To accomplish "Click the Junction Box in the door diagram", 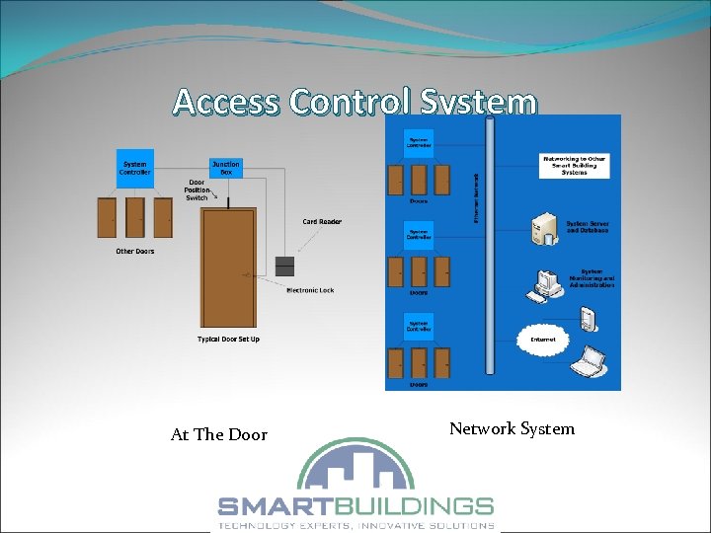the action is [x=225, y=168].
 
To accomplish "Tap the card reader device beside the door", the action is [x=285, y=266].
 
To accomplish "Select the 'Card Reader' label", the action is [x=322, y=222].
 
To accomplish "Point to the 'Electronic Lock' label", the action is [x=310, y=290].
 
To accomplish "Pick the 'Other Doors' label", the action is [x=135, y=252].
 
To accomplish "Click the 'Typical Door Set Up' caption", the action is [x=228, y=340].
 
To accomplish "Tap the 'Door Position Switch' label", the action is [x=197, y=190].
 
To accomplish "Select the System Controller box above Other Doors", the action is [x=135, y=168].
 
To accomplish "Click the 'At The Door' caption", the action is [x=218, y=434].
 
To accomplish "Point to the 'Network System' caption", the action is [x=512, y=428].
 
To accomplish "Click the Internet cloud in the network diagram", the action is [x=542, y=339].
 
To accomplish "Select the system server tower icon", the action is [x=542, y=230].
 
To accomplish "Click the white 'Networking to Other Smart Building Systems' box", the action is [x=574, y=165].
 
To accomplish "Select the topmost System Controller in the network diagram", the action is [x=419, y=142].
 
